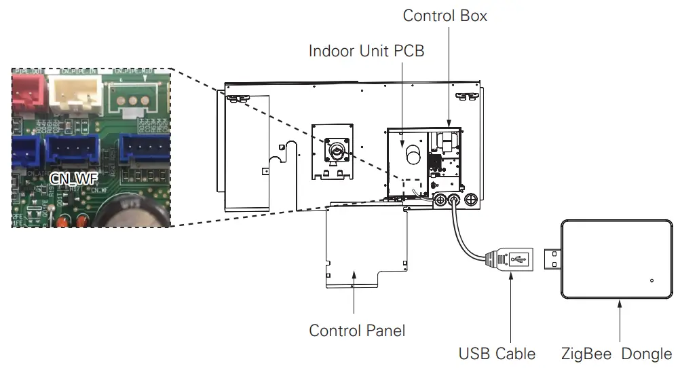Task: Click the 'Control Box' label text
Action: [x=445, y=16]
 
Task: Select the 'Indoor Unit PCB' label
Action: [x=366, y=51]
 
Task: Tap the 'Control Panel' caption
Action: [x=357, y=331]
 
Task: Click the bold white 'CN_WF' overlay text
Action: [x=74, y=179]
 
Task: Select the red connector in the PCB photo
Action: [x=29, y=91]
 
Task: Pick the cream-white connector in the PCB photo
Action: [x=77, y=93]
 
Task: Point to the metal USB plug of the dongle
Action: [x=554, y=259]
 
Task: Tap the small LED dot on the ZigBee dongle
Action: [x=651, y=280]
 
